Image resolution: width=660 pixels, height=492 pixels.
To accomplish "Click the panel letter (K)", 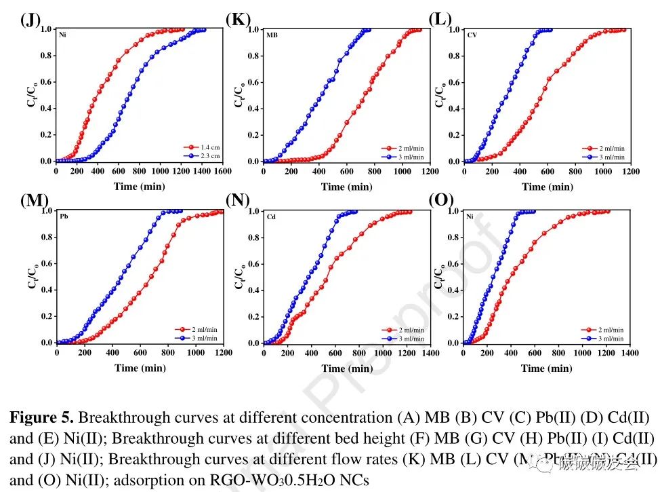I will pyautogui.click(x=238, y=20).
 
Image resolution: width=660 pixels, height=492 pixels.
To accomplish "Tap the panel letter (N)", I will pyautogui.click(x=238, y=200).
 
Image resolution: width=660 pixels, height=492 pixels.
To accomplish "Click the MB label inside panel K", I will pyautogui.click(x=271, y=35).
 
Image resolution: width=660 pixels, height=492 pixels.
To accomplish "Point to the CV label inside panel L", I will pyautogui.click(x=472, y=35).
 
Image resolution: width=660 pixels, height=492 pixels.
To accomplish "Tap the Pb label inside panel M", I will pyautogui.click(x=64, y=216).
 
